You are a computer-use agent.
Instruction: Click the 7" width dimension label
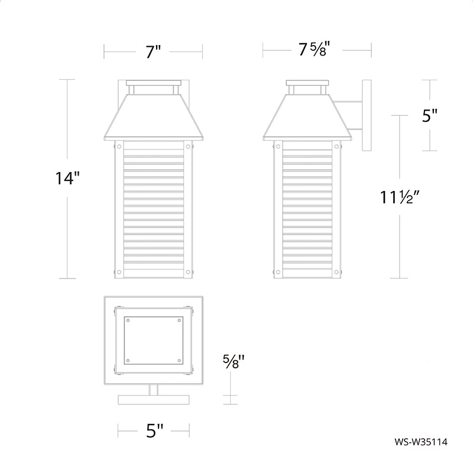(153, 51)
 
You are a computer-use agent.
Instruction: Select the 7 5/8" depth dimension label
(313, 49)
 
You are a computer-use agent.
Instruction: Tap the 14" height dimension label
(67, 178)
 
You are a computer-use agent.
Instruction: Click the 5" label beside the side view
(430, 115)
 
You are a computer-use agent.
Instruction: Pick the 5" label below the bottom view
(155, 430)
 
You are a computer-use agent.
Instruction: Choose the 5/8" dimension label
(234, 361)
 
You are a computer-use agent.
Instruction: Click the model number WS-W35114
(421, 442)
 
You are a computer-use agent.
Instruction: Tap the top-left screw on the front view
(119, 147)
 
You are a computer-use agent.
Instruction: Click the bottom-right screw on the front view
(188, 272)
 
